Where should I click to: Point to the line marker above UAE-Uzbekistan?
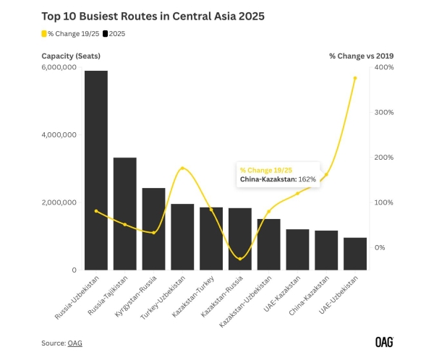pyautogui.click(x=355, y=78)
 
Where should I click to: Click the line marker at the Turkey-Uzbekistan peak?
pyautogui.click(x=182, y=168)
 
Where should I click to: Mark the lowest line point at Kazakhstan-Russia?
pyautogui.click(x=240, y=258)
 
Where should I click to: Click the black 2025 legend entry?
pyautogui.click(x=116, y=33)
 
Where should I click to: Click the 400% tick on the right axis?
pyautogui.click(x=383, y=67)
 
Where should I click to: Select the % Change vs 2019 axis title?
pyautogui.click(x=361, y=56)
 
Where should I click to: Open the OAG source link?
pyautogui.click(x=75, y=343)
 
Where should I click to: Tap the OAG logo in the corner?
pyautogui.click(x=384, y=341)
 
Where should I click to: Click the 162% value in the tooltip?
pyautogui.click(x=307, y=179)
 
